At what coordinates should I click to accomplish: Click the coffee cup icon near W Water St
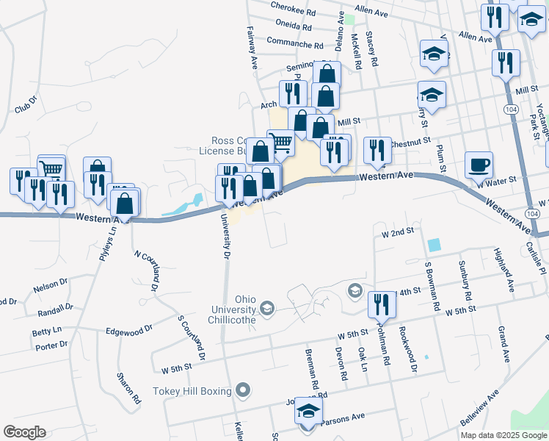coord(479,165)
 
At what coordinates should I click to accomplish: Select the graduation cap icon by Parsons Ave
coord(309,412)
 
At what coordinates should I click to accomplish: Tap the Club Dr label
coord(25,104)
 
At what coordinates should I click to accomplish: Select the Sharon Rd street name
coord(128,390)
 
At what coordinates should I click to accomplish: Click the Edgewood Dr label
coord(129,331)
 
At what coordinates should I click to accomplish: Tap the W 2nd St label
coord(397,232)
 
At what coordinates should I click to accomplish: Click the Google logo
coord(24,432)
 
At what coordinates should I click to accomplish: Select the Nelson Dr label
coord(50,284)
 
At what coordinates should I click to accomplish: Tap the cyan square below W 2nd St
coord(435,245)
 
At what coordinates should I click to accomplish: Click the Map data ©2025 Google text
coord(503,435)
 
